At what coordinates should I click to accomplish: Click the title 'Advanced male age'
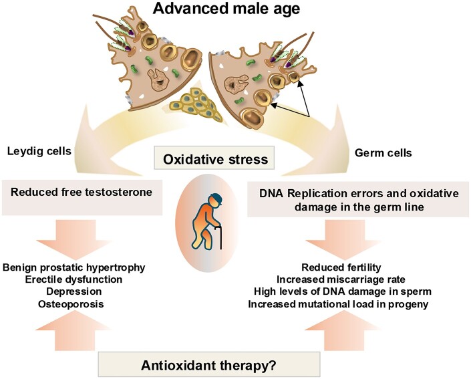coord(226,9)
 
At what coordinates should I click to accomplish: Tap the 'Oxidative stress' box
coord(214,158)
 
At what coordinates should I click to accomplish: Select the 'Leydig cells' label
coord(39,151)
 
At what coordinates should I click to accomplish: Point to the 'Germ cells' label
coord(383,153)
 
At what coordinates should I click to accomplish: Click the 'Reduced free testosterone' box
coord(82,197)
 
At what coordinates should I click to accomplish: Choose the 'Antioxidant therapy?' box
coord(209,364)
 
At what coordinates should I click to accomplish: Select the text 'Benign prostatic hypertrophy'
coord(74,267)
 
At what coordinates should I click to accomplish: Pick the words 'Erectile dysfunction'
coord(73,279)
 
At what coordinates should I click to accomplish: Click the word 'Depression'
coord(74,291)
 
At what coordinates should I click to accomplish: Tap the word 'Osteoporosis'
coord(71,304)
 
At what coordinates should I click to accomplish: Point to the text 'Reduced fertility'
coord(341,267)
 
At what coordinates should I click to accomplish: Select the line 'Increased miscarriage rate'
coord(341,279)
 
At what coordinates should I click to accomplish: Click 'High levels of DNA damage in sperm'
coord(343,291)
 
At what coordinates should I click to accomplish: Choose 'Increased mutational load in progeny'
coord(338,304)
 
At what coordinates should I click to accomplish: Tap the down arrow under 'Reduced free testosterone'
coord(75,239)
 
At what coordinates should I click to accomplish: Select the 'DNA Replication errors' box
coord(358,199)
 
